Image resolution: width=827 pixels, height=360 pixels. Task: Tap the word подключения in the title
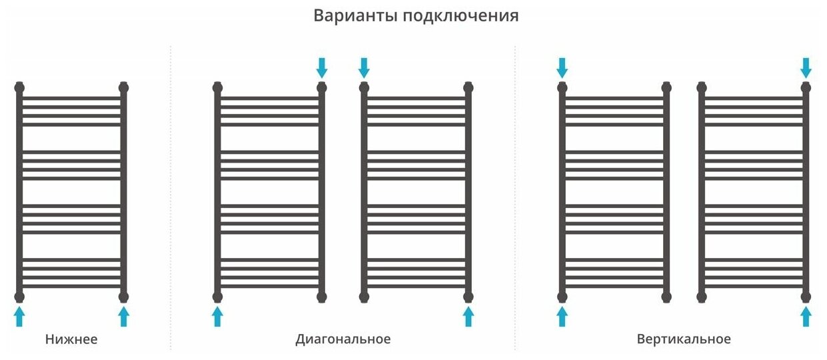point(460,17)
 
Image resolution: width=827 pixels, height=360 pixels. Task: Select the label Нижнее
point(71,339)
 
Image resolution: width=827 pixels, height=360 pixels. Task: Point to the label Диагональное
point(343,339)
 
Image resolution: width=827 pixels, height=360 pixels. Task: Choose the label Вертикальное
point(684,339)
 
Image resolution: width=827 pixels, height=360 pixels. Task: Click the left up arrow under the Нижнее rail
point(19,316)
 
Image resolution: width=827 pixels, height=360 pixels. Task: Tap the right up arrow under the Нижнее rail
point(123,316)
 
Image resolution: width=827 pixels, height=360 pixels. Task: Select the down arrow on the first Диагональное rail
point(322,67)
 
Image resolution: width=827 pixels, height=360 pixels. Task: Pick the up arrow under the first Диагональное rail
point(217,316)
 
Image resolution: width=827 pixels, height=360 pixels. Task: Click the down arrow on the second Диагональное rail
point(364,67)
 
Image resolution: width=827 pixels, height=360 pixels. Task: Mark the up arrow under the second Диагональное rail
point(468,316)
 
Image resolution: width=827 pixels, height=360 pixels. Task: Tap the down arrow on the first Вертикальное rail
point(562,67)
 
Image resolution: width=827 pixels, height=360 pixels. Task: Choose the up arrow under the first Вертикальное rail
point(562,316)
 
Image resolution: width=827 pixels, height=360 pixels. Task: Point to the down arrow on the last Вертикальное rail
point(806,67)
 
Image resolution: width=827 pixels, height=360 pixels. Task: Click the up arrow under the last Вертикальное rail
point(806,316)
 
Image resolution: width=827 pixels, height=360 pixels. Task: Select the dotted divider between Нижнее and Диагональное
point(171,200)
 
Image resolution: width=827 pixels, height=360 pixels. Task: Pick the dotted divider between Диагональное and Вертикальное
point(515,200)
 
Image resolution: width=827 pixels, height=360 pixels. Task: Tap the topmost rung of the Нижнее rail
point(71,98)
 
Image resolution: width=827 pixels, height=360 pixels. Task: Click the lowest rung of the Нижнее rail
point(71,286)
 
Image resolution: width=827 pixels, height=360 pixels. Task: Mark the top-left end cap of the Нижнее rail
point(19,87)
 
